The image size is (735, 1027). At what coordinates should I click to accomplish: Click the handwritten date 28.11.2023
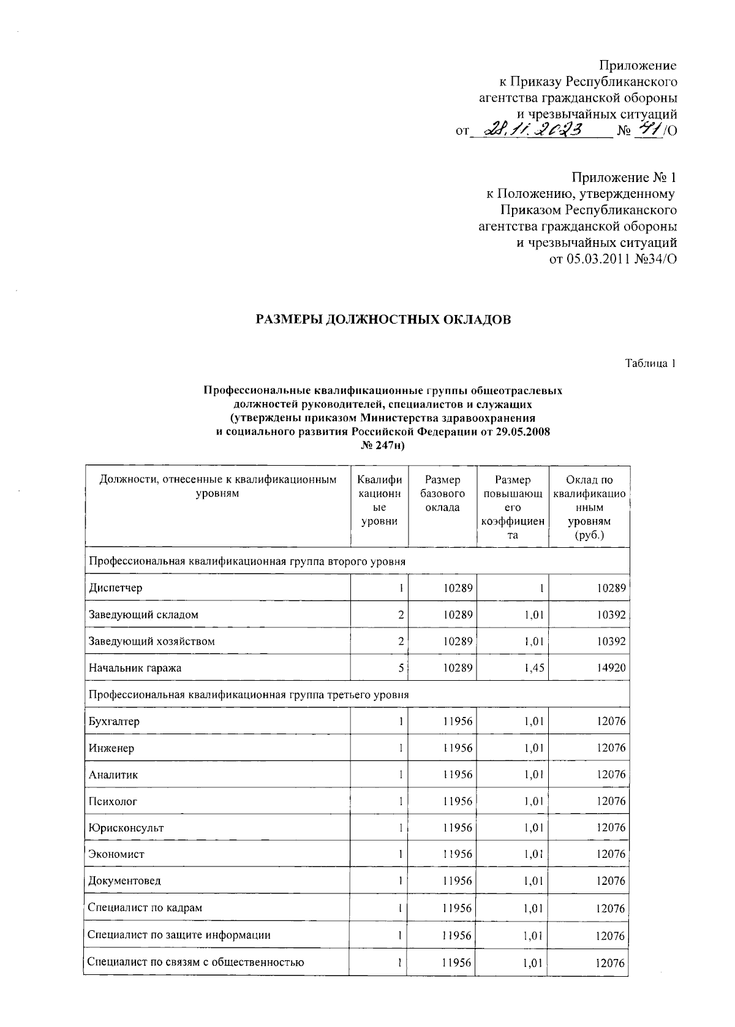click(x=533, y=130)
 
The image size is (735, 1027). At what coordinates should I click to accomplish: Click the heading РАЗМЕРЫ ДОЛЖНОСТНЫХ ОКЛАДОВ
click(x=383, y=320)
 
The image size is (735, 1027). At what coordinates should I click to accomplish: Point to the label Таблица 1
click(x=650, y=363)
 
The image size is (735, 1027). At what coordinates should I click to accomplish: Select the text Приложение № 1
click(x=624, y=178)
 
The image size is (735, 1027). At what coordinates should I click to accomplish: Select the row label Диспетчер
click(x=116, y=588)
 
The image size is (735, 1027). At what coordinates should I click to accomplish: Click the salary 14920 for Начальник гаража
click(x=611, y=668)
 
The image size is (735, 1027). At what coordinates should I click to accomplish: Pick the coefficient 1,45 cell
click(x=534, y=668)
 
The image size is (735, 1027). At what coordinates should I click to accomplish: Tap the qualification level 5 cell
click(x=400, y=668)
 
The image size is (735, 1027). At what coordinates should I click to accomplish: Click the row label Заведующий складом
click(x=144, y=615)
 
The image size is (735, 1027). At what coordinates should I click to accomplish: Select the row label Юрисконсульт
click(x=126, y=828)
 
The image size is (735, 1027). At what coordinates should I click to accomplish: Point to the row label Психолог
click(x=113, y=801)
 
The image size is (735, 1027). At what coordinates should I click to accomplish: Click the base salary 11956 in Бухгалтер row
click(x=458, y=721)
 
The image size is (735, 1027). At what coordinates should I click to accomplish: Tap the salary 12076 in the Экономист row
click(x=611, y=854)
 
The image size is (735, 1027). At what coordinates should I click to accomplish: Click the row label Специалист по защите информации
click(x=179, y=935)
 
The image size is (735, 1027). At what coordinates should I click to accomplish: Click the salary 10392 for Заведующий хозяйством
click(x=611, y=642)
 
